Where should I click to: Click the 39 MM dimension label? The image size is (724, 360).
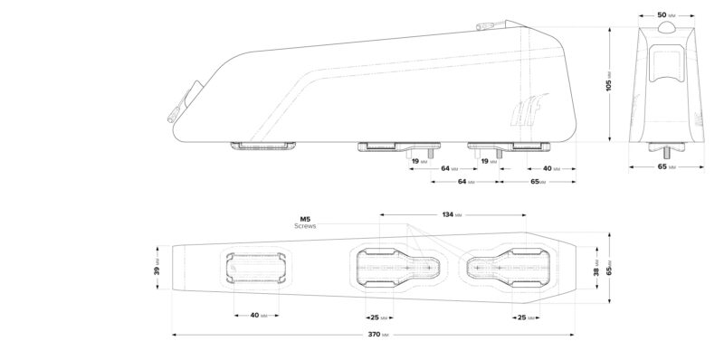pos(156,270)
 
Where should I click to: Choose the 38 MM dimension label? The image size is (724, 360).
pos(595,270)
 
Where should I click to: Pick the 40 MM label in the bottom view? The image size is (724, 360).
pos(257,316)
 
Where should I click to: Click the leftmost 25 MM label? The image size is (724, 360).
pos(378,317)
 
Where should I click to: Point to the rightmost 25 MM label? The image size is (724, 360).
pos(524,317)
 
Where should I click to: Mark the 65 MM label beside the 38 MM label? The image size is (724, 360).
pos(610,270)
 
